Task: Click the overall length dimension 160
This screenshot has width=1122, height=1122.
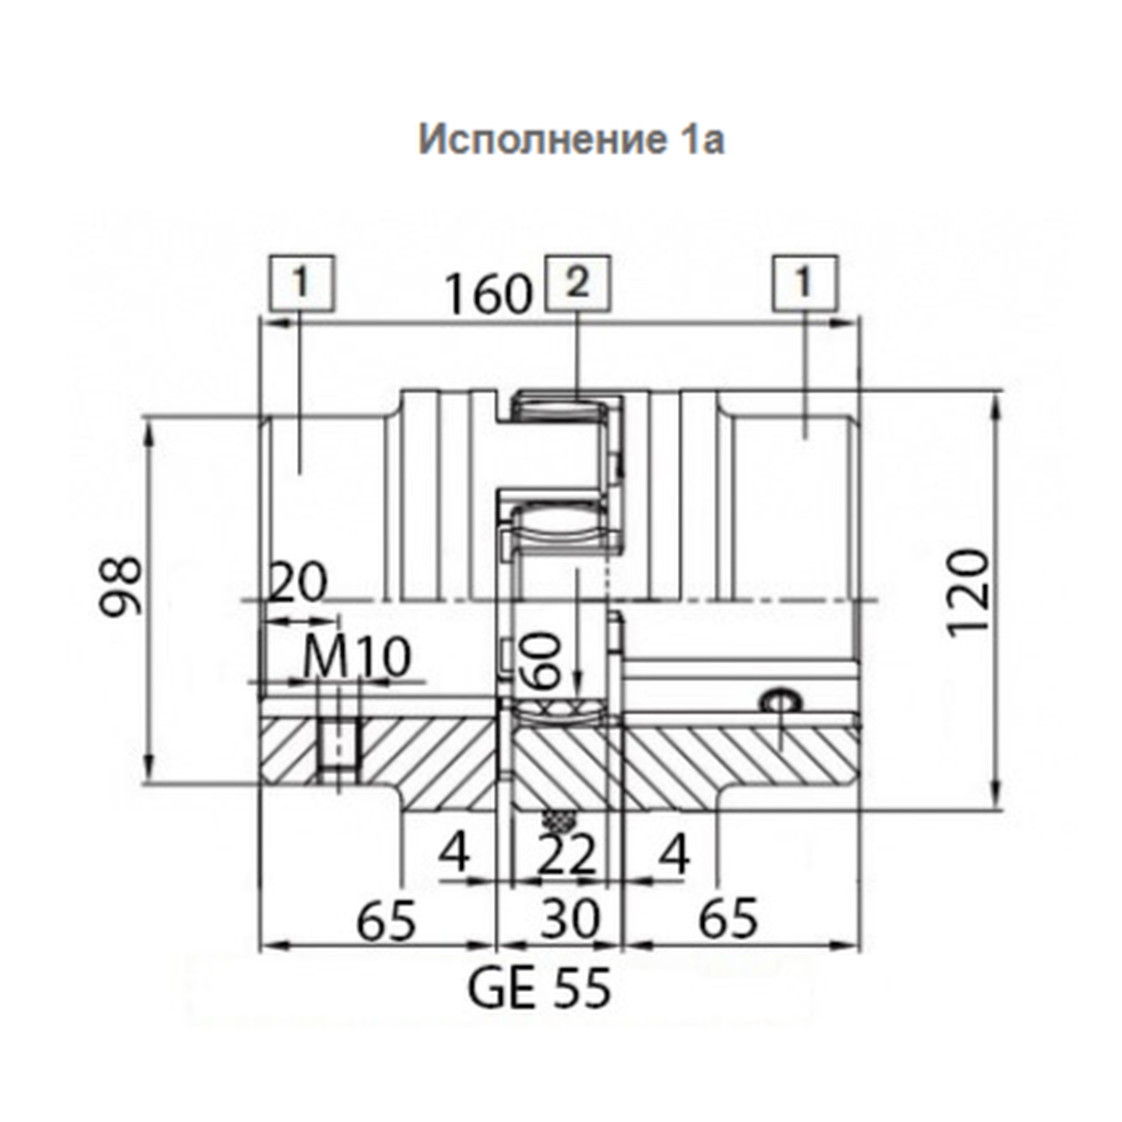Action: click(488, 294)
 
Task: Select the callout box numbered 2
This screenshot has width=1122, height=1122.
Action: click(577, 284)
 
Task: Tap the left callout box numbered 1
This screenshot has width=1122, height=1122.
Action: click(302, 283)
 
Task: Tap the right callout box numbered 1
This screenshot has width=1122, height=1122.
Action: click(805, 283)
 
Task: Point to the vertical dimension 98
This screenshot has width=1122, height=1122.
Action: click(121, 586)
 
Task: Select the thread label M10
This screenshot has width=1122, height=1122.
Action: click(357, 657)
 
